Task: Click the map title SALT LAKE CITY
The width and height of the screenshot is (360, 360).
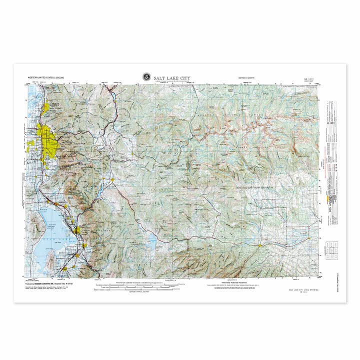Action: (x=172, y=77)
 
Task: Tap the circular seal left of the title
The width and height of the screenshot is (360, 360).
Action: (x=145, y=77)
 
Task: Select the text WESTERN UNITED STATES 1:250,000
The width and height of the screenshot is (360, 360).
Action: (x=47, y=78)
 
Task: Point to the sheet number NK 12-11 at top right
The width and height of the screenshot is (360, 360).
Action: (x=310, y=78)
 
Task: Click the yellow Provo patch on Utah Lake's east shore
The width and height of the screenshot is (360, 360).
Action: (x=76, y=230)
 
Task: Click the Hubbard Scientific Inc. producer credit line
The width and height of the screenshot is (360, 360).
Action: (x=50, y=283)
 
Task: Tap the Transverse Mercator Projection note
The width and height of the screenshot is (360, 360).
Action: (x=227, y=281)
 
